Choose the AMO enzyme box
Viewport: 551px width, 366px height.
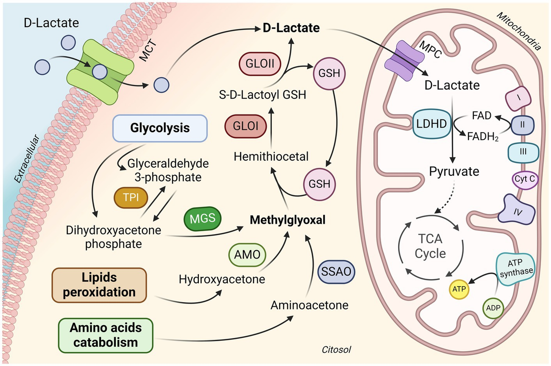[247, 255]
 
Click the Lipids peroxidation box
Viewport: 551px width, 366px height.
[99, 285]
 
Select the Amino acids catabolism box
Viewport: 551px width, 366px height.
[106, 335]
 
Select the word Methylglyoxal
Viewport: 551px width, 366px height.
[287, 220]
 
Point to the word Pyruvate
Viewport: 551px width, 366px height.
[454, 172]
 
